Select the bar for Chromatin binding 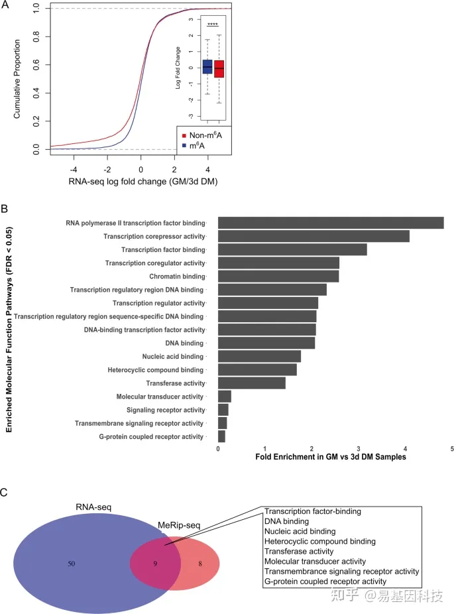[278, 276]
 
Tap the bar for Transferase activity [252, 383]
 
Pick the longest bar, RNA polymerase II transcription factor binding [331, 223]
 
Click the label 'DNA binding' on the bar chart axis [185, 343]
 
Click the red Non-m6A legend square [183, 135]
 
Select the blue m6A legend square [183, 145]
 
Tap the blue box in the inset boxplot [207, 66]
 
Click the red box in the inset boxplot [219, 68]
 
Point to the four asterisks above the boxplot [213, 25]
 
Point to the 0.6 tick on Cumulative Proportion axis [36, 66]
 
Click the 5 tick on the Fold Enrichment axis [452, 449]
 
